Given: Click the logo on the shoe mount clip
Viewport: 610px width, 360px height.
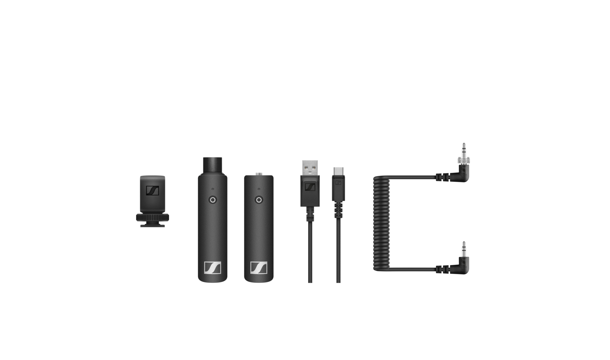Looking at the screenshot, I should click(x=152, y=191).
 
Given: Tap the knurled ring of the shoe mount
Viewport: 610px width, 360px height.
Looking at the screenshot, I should click(x=152, y=217).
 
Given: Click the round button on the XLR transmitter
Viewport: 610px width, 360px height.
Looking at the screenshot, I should click(x=212, y=200).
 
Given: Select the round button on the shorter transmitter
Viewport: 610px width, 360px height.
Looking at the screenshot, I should click(x=259, y=200).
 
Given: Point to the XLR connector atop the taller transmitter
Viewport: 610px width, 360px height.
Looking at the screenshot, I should click(x=212, y=165).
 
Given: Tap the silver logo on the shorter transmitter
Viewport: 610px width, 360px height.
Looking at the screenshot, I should click(x=259, y=267).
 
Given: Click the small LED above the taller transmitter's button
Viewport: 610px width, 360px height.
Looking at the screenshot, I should click(x=212, y=189).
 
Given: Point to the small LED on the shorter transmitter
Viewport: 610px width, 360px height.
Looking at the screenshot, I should click(x=259, y=189).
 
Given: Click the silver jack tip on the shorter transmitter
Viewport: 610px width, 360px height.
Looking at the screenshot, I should click(x=259, y=173).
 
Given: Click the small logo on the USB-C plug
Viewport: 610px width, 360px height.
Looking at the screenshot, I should click(x=338, y=182).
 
